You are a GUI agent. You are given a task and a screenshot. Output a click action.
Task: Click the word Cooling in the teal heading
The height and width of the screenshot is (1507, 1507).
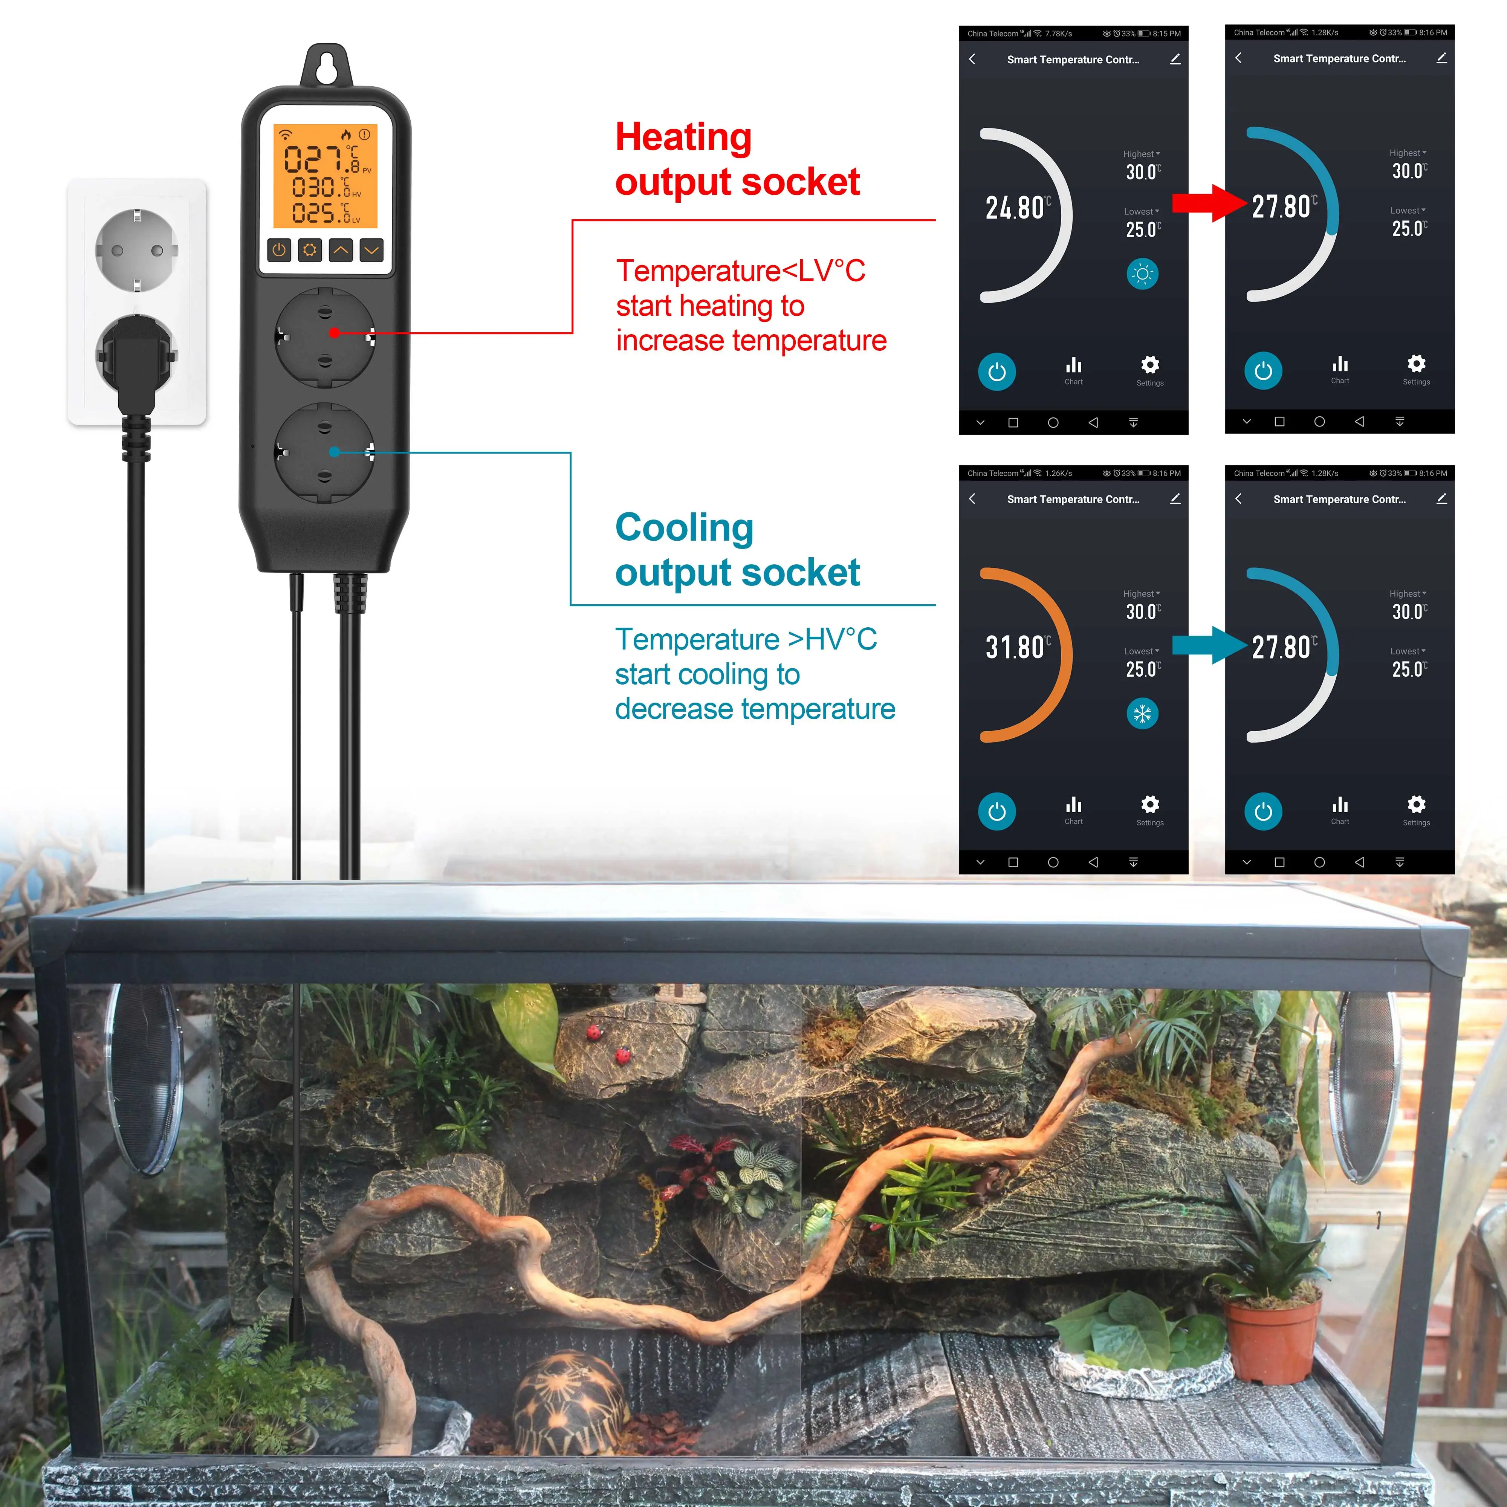point(684,528)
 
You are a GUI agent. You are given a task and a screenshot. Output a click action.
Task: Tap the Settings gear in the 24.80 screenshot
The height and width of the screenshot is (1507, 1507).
point(1150,365)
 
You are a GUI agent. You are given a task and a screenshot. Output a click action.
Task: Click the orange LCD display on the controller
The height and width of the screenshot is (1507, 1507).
point(325,176)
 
